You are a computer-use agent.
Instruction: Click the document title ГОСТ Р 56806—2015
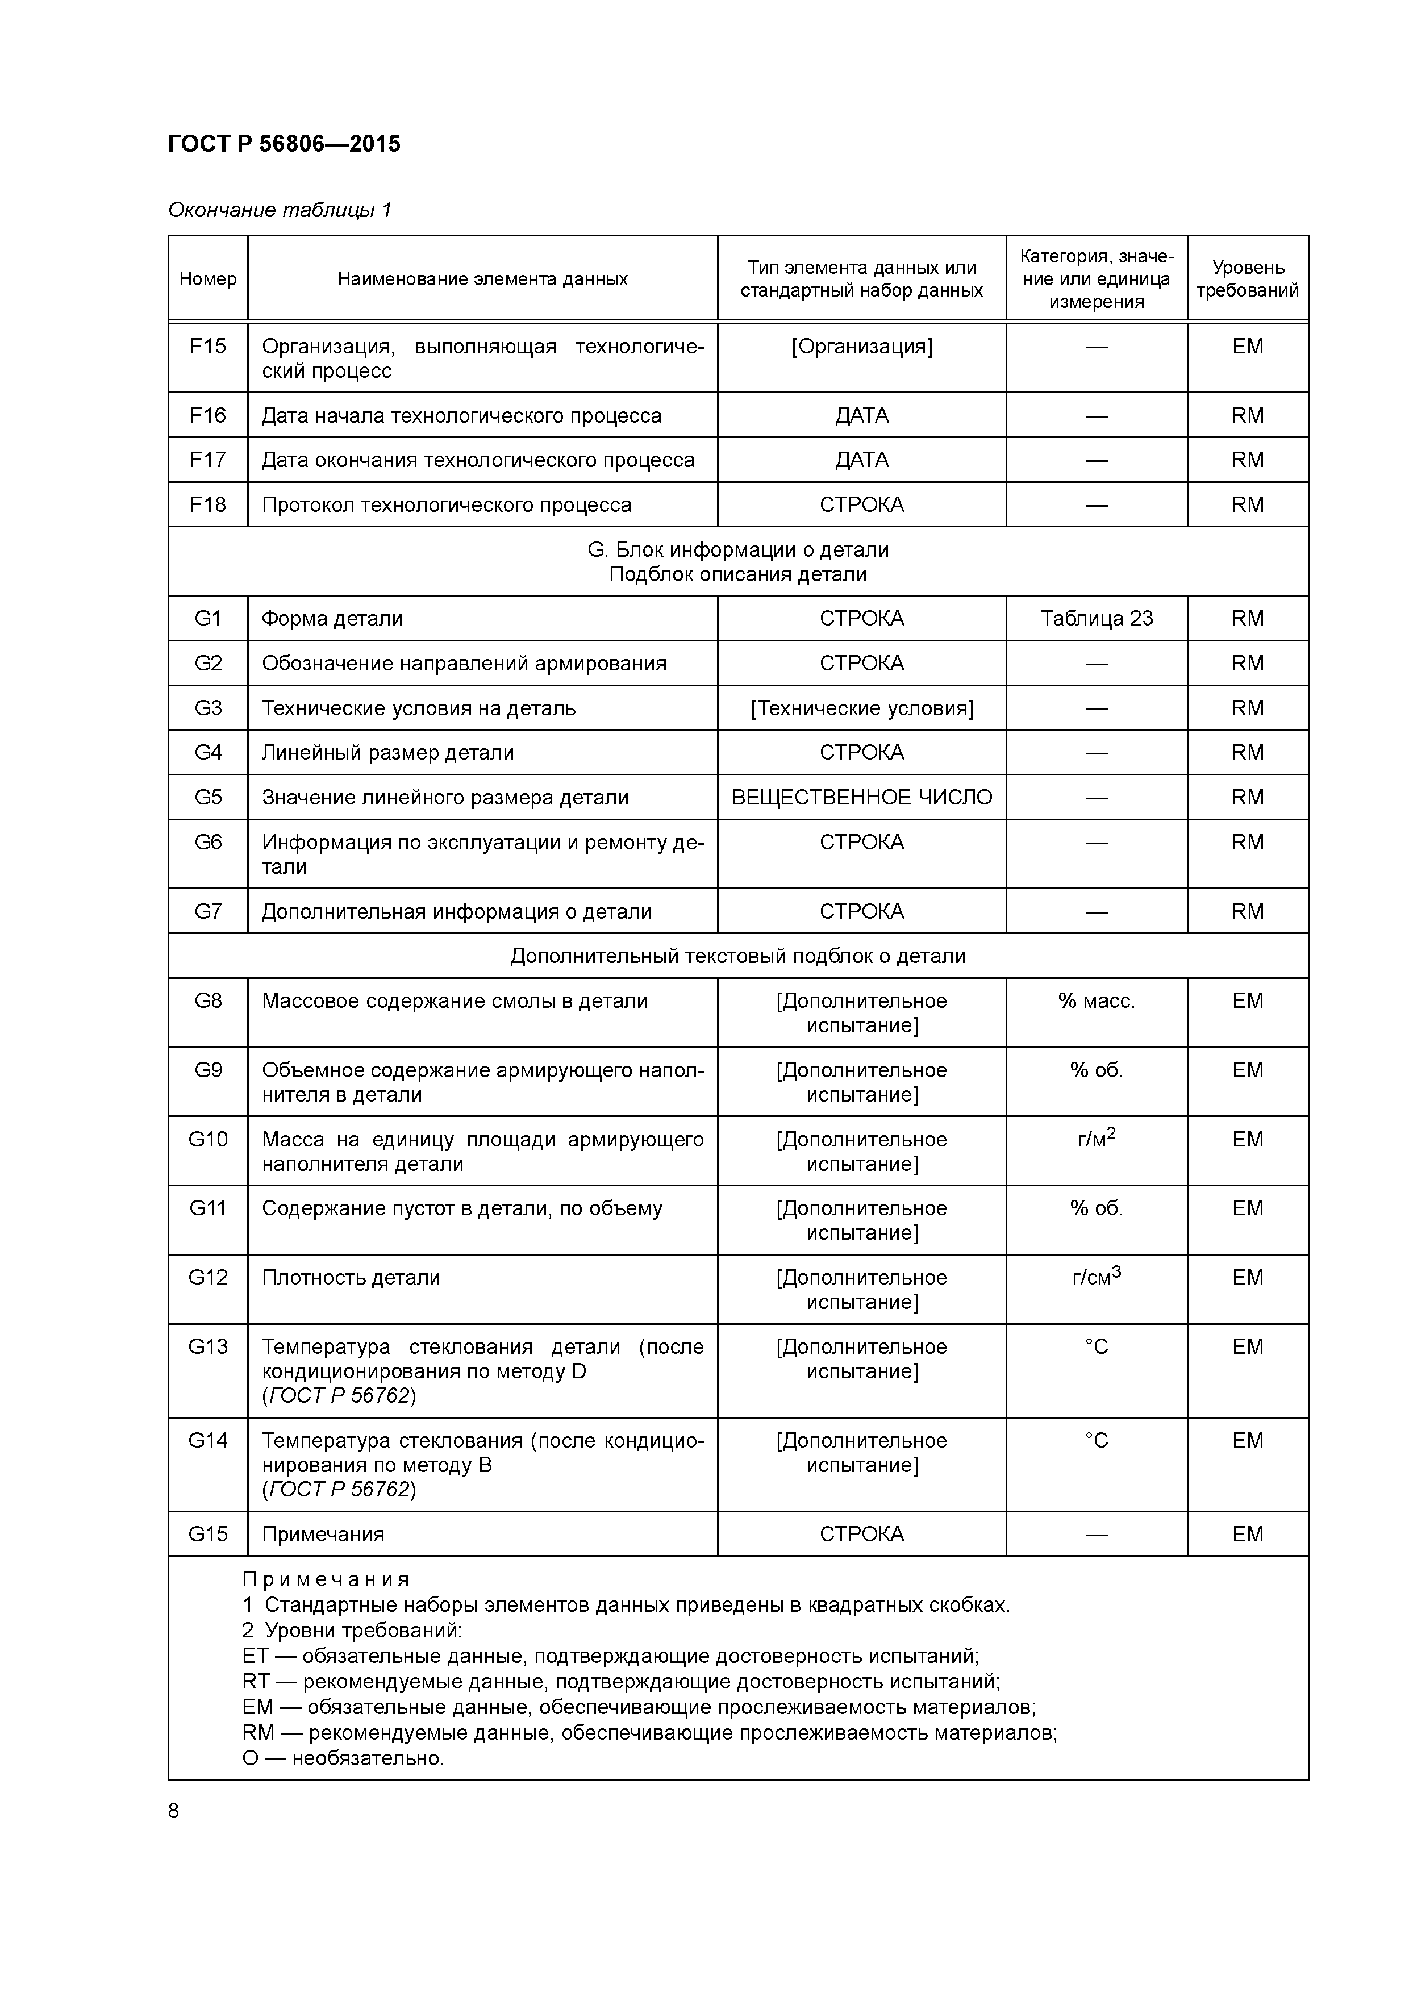click(284, 144)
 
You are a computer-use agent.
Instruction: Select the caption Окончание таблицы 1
click(280, 210)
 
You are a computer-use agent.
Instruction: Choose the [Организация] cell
click(861, 347)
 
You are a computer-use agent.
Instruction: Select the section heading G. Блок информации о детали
click(738, 549)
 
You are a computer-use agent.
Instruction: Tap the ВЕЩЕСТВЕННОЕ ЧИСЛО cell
click(861, 797)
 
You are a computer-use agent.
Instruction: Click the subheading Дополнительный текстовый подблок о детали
click(738, 956)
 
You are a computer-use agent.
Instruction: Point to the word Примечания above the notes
click(326, 1579)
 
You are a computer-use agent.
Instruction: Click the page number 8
click(174, 1811)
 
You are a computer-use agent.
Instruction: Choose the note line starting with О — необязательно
click(343, 1758)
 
